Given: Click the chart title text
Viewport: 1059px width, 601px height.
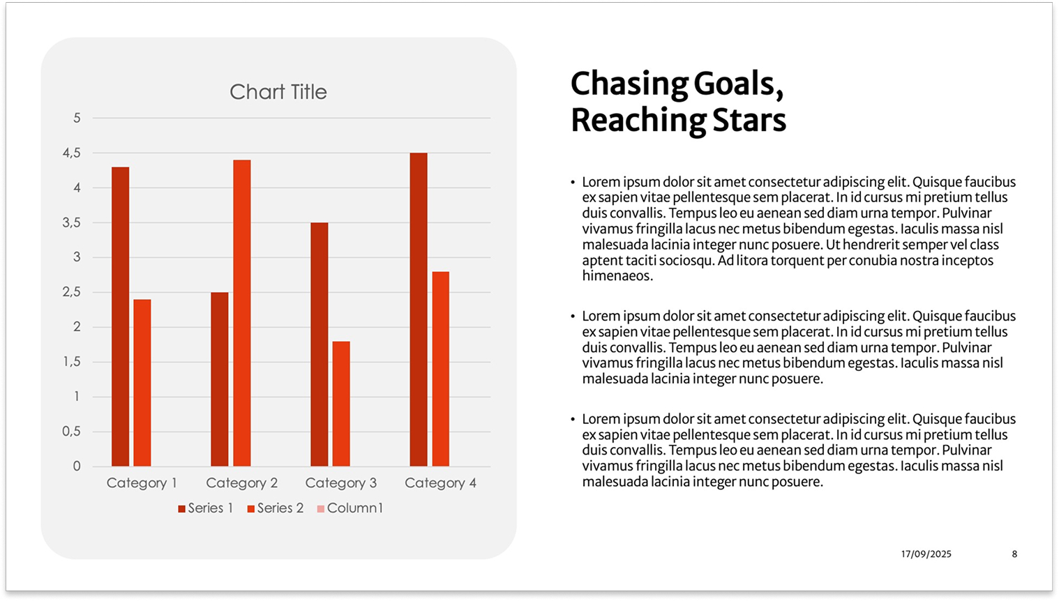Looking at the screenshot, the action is pos(278,91).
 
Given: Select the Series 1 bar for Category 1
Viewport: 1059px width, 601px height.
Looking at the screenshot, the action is pos(120,317).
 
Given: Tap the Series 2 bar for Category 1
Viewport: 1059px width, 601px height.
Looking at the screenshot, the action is pos(142,383).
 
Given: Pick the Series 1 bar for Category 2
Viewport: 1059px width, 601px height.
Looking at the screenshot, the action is pos(219,379).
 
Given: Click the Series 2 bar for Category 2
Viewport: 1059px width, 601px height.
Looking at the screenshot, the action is pos(242,313).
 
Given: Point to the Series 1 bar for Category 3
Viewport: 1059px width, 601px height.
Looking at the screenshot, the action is pos(319,344).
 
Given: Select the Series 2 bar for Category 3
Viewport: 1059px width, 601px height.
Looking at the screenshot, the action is pos(341,404).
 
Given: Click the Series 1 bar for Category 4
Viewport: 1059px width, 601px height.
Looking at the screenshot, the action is pos(419,310).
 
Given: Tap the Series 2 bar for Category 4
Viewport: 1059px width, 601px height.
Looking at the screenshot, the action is pos(441,369).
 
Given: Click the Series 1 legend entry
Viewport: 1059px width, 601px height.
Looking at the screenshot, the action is pos(206,508).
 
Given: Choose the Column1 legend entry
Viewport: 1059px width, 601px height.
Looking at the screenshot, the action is pos(350,508).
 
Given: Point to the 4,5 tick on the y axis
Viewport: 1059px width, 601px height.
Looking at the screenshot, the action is pos(71,153).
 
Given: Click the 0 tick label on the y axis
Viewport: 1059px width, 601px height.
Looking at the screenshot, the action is pos(77,466).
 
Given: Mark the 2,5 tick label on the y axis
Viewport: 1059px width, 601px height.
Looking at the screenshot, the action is pos(71,292).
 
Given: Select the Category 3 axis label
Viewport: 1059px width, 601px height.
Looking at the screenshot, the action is pos(341,483).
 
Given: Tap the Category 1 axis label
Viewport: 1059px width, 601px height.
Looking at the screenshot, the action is pos(142,483).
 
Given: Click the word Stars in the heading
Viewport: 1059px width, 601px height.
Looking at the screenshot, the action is pos(749,120).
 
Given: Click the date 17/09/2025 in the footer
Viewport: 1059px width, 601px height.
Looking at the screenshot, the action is pos(926,554).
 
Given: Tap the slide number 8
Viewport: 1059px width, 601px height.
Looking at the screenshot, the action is pos(1014,554).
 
